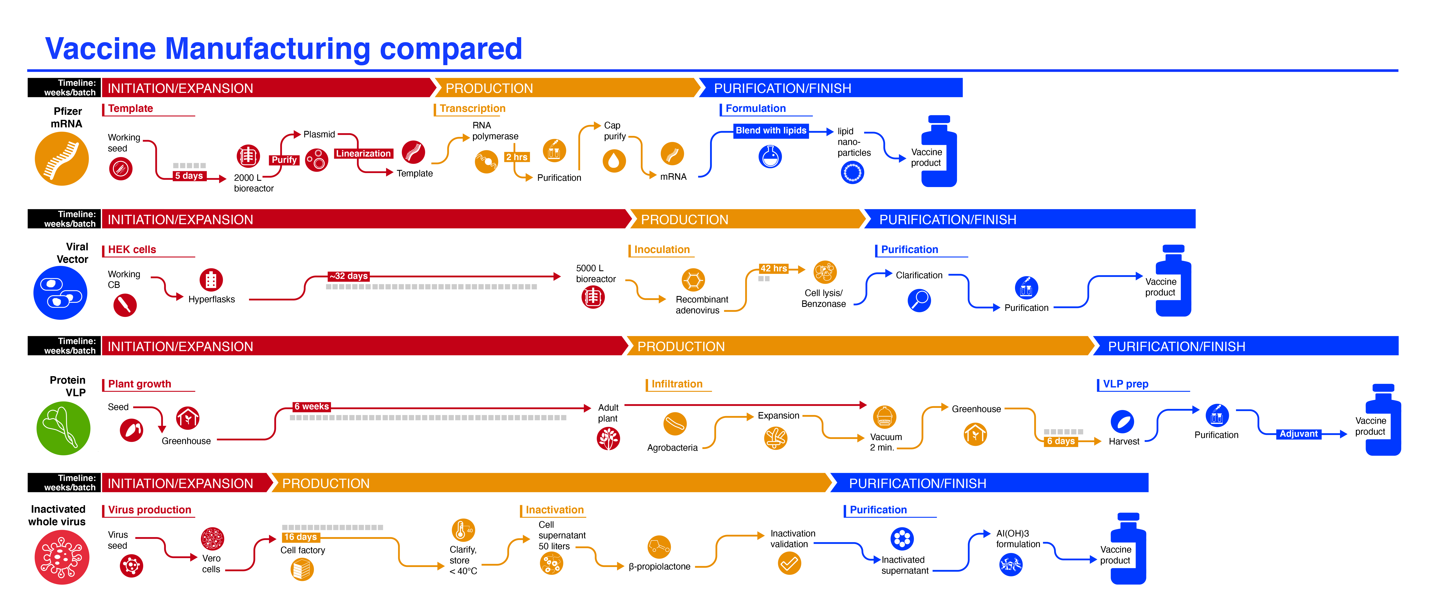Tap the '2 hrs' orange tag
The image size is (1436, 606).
coord(517,157)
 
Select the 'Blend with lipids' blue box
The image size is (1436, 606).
coord(771,130)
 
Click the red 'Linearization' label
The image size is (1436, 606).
coord(363,153)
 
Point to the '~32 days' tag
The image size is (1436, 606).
coord(348,276)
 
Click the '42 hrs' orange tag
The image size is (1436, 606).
coord(774,269)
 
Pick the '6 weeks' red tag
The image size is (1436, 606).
coord(312,406)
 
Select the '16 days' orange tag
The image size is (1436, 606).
coord(301,537)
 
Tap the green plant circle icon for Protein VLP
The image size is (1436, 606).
coord(63,428)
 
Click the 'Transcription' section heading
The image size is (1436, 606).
coord(472,108)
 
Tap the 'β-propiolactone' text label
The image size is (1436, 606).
coord(660,566)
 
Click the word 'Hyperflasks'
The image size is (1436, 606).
coord(211,299)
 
